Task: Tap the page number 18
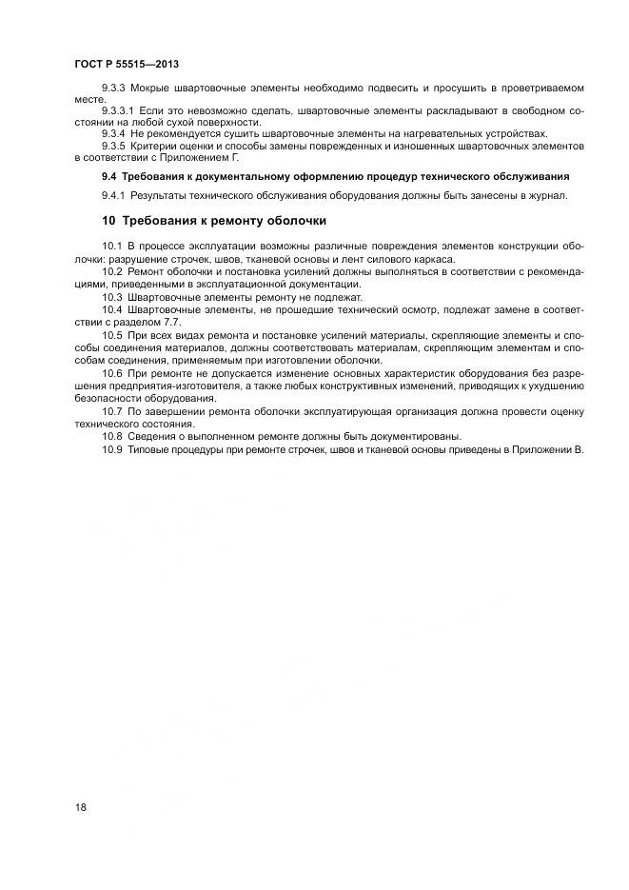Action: click(81, 807)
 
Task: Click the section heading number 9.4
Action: click(108, 176)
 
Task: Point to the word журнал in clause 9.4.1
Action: click(549, 195)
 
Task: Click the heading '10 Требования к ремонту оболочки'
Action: click(214, 221)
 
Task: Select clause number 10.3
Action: click(111, 297)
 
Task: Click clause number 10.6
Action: click(111, 376)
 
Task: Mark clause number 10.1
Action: click(111, 247)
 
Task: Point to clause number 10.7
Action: click(111, 411)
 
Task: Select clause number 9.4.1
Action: click(114, 195)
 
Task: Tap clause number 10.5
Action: click(111, 336)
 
